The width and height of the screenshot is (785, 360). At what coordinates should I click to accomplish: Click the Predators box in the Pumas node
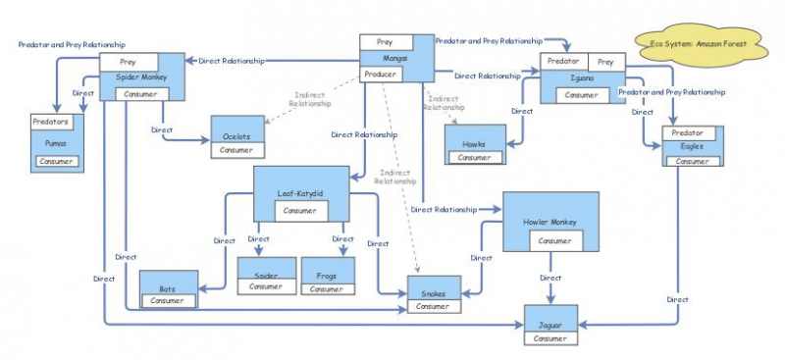(50, 123)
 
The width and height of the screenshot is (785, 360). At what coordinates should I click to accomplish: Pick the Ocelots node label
(235, 134)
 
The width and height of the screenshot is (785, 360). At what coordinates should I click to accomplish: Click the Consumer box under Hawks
(474, 157)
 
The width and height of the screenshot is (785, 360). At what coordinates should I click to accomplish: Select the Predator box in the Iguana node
(563, 62)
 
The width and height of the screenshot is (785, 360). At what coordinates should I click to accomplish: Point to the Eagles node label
(693, 146)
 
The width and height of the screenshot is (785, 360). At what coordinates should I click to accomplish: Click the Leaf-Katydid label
(300, 193)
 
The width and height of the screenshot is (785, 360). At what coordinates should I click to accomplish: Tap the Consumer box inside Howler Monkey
(554, 240)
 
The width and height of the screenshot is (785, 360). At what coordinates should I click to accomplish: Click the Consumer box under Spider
(265, 286)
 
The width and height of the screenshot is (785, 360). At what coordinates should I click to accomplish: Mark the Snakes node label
(433, 293)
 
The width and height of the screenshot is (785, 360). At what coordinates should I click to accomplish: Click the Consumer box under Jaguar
(549, 338)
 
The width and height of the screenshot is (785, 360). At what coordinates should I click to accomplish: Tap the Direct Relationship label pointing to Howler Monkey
(444, 209)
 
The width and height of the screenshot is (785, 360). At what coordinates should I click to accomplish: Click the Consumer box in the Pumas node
(57, 161)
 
